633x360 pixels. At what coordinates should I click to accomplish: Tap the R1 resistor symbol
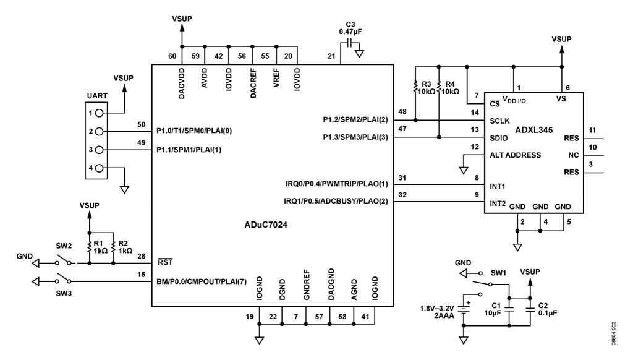pos(90,247)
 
